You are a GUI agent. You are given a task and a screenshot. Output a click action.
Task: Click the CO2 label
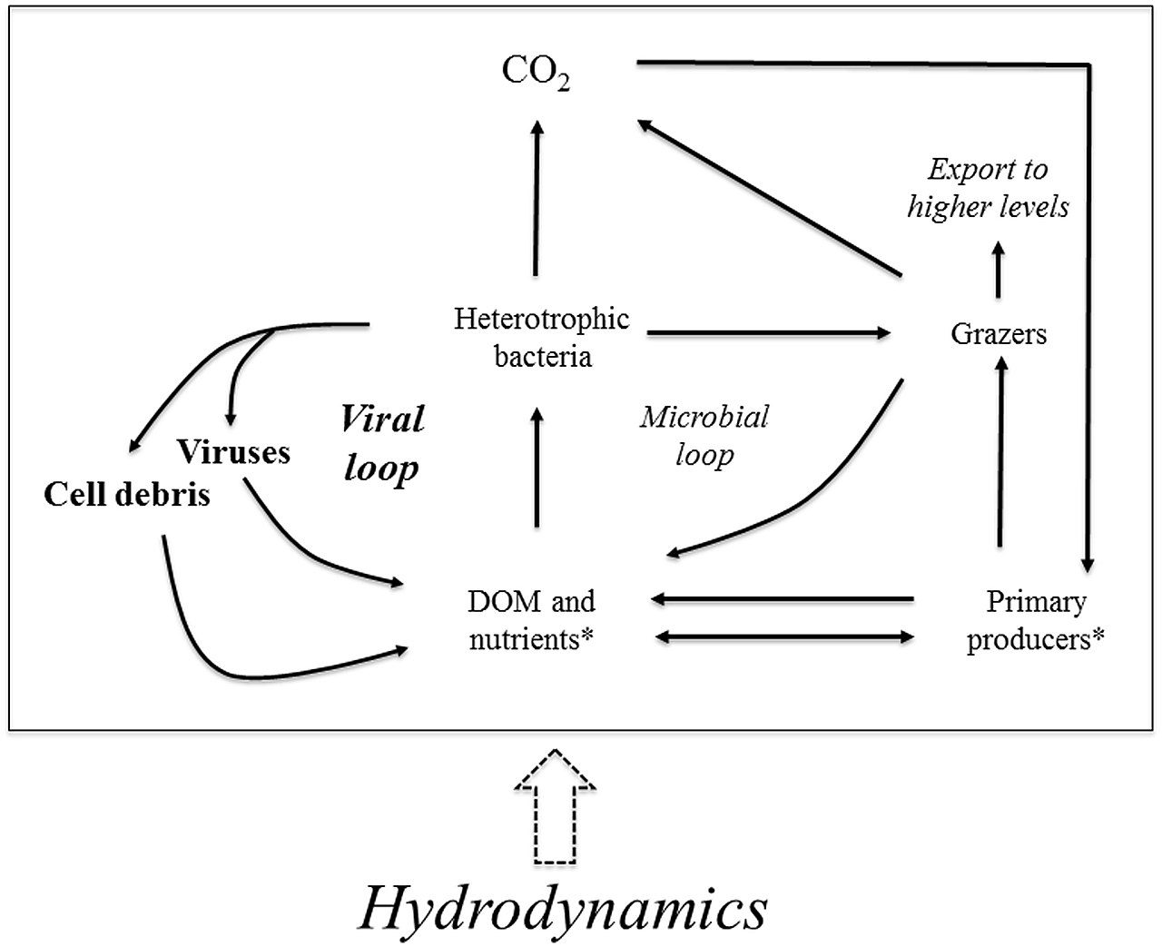536,73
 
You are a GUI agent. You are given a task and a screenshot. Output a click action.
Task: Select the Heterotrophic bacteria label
542,338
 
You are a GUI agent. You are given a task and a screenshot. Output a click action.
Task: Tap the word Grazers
999,334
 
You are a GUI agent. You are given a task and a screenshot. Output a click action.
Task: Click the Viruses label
233,452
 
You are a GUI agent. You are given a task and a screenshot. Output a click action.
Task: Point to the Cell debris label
126,495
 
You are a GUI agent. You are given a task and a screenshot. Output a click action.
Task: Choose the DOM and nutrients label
531,620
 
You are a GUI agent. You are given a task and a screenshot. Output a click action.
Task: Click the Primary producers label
1036,621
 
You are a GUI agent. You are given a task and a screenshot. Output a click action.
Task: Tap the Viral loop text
382,443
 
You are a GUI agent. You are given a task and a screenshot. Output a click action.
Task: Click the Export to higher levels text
988,188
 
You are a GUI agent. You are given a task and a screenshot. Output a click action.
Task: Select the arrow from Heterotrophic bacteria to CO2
537,198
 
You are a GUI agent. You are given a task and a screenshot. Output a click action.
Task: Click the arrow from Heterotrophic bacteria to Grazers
769,332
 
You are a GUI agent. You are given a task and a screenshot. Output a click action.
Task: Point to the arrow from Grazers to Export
999,270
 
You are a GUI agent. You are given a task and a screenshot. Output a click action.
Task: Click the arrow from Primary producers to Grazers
1000,451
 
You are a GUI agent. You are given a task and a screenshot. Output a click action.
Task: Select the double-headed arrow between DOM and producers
784,636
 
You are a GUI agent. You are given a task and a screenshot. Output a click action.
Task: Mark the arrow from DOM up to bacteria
537,467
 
